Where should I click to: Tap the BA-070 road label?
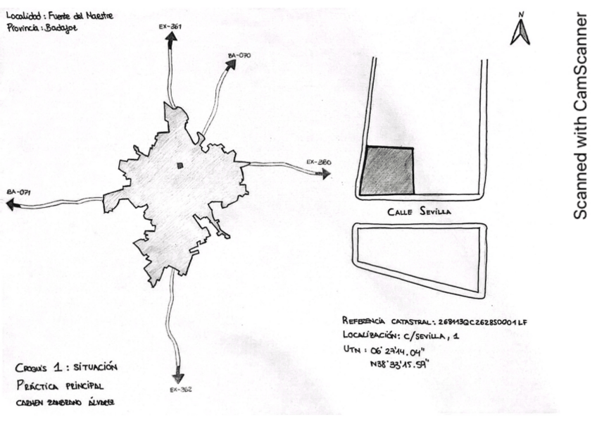239,54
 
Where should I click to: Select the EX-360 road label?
318,162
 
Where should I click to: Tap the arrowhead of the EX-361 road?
170,39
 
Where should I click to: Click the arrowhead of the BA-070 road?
230,65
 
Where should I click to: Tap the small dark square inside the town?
180,166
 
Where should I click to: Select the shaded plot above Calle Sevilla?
387,170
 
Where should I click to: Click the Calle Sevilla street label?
419,210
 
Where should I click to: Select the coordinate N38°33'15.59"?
406,364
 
